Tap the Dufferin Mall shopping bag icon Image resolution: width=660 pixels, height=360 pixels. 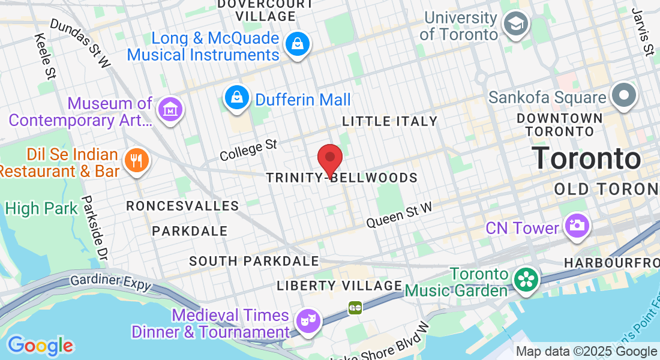(238, 98)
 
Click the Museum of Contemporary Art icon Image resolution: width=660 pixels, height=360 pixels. (169, 110)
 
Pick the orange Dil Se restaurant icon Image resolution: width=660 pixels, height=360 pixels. (136, 160)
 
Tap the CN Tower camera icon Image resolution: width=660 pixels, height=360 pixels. (577, 227)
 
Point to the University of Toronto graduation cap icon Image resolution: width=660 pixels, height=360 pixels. (515, 25)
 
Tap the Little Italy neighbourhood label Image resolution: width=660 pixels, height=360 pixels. (390, 122)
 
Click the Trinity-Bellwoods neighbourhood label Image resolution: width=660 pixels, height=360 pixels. (342, 178)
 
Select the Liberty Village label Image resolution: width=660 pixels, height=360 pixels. (339, 286)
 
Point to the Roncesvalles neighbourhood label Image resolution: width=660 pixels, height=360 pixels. (183, 206)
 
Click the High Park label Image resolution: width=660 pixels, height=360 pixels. (41, 208)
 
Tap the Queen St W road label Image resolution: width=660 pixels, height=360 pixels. (399, 215)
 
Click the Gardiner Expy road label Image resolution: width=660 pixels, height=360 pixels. (111, 281)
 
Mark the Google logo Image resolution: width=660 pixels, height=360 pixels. (40, 346)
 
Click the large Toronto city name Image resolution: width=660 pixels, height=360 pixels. (586, 158)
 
